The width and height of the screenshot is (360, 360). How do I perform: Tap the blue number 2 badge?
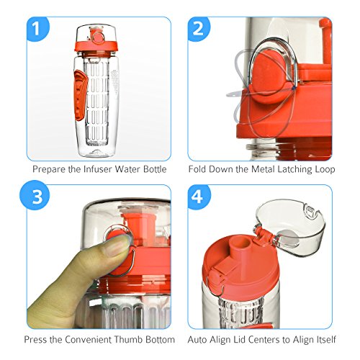(x=199, y=29)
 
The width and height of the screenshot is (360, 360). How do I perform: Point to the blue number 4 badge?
(x=199, y=197)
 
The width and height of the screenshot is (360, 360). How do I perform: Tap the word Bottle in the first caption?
(x=155, y=169)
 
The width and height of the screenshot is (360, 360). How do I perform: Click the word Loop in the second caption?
(x=325, y=169)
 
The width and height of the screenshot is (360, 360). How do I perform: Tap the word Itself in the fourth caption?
(x=325, y=340)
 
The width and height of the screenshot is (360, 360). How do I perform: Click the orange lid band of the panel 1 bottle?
(x=96, y=47)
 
